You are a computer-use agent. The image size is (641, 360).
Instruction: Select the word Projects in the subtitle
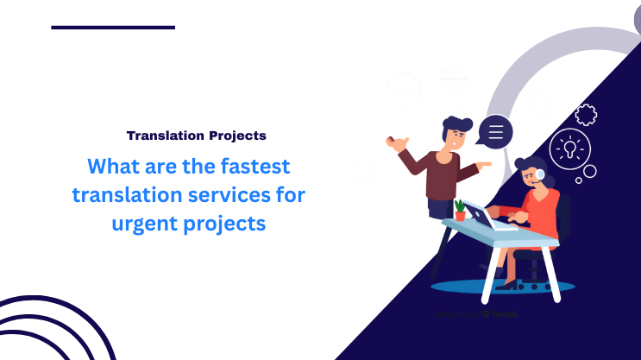(237, 136)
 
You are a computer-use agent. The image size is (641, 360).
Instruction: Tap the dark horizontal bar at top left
(113, 28)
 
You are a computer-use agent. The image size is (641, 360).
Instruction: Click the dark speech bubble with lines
(494, 132)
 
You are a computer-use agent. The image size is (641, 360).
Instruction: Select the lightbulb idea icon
(569, 147)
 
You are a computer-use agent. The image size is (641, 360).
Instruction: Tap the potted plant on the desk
(460, 210)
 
